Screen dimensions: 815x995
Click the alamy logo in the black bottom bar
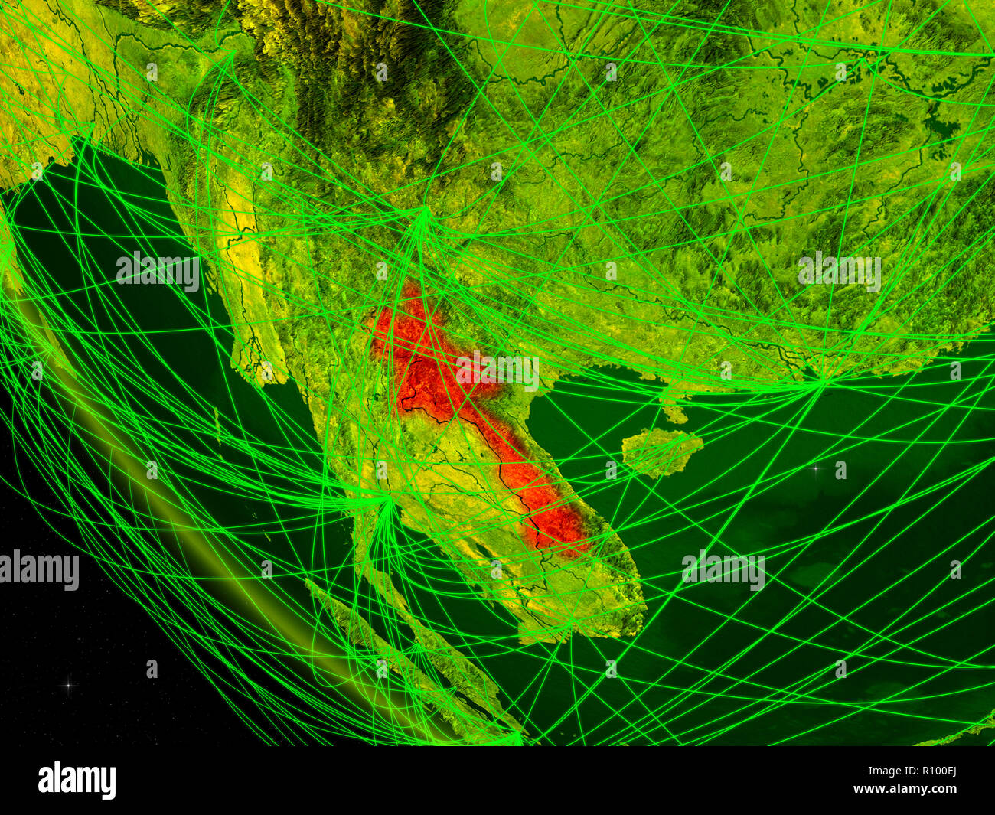pos(77,780)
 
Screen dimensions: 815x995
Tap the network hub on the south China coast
pos(824,380)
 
